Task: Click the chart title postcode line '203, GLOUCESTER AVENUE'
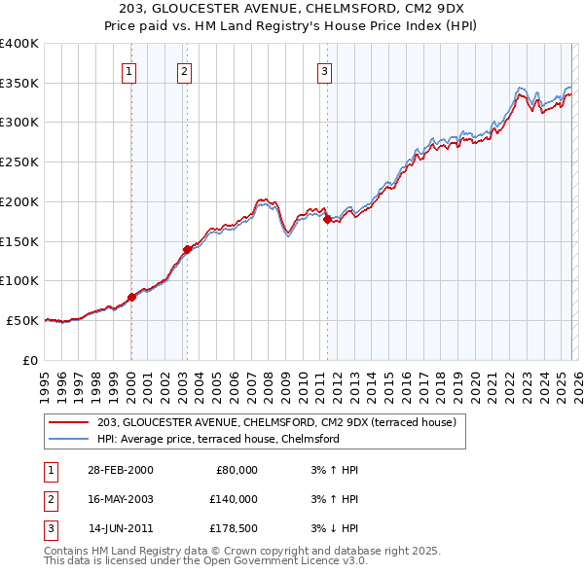[291, 8]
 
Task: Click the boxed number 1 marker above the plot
[129, 70]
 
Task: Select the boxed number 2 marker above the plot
[185, 70]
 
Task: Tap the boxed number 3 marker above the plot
[324, 70]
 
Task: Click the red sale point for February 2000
[131, 296]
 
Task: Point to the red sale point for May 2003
[187, 248]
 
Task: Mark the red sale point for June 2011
[326, 218]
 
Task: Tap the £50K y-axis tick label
[23, 320]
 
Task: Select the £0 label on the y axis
[30, 360]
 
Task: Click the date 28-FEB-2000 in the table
[120, 469]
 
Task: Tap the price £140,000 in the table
[233, 499]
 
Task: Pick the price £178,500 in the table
[233, 528]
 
